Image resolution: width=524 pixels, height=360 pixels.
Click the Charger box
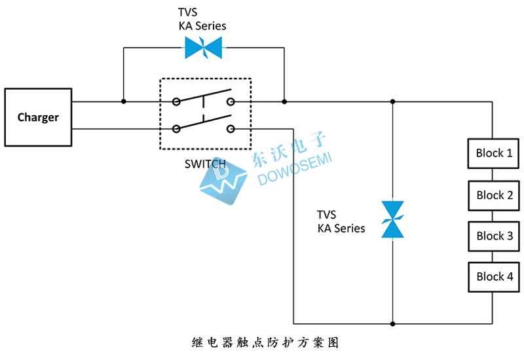(x=38, y=117)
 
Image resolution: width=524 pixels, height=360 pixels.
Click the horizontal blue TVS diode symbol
(x=204, y=47)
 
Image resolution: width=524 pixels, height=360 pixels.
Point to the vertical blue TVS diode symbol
(x=392, y=219)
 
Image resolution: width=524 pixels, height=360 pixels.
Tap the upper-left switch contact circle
(x=176, y=101)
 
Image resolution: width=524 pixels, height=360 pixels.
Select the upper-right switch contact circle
(x=231, y=101)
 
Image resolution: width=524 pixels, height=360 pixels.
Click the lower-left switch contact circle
(x=176, y=129)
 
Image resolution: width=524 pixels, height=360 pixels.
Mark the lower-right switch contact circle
(x=231, y=129)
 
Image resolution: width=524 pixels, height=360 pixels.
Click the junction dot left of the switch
(x=123, y=101)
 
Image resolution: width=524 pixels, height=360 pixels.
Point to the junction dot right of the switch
(x=284, y=101)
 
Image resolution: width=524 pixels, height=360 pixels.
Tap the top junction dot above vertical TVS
(x=392, y=101)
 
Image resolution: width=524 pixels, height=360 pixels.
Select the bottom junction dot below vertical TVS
(x=392, y=323)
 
